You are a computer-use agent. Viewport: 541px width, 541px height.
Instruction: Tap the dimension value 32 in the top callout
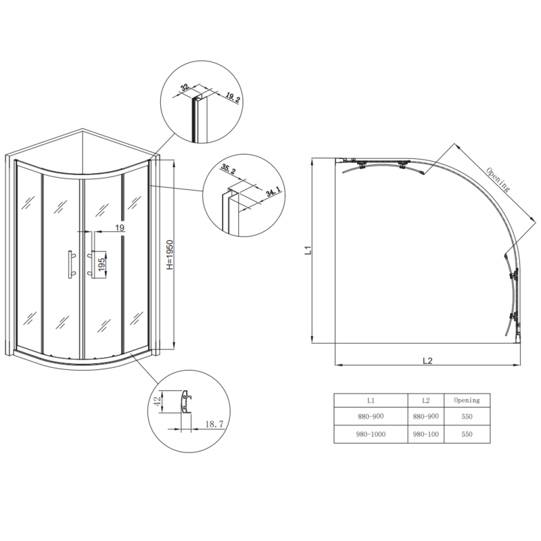184,88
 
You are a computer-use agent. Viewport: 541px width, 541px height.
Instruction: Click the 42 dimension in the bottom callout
158,400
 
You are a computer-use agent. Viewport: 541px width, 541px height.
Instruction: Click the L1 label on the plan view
306,252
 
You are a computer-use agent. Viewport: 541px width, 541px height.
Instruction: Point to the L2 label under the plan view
427,360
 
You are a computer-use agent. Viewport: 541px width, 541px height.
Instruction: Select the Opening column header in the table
466,400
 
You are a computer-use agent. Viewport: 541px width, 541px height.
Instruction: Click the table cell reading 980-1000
371,433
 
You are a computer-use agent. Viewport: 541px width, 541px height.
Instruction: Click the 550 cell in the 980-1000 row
466,433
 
